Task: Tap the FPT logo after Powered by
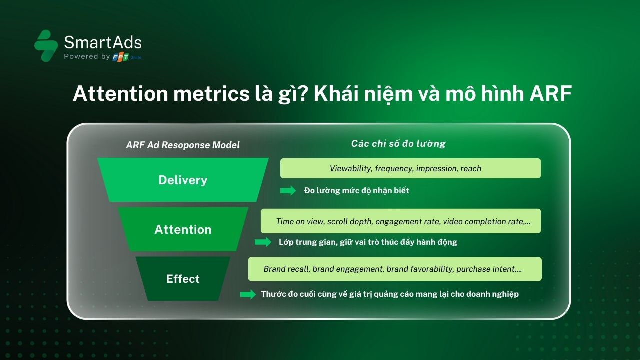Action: coord(120,57)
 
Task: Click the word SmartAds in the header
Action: coord(103,42)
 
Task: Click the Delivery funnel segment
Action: coord(183,180)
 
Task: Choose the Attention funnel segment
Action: coord(183,229)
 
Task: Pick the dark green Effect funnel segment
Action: coord(183,279)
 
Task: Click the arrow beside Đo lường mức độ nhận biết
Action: coord(288,190)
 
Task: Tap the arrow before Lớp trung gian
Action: coord(263,242)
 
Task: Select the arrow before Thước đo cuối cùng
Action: coord(248,294)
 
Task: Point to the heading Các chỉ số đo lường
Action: coord(398,143)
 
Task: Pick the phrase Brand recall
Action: coord(286,269)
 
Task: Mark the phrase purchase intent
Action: coord(486,269)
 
